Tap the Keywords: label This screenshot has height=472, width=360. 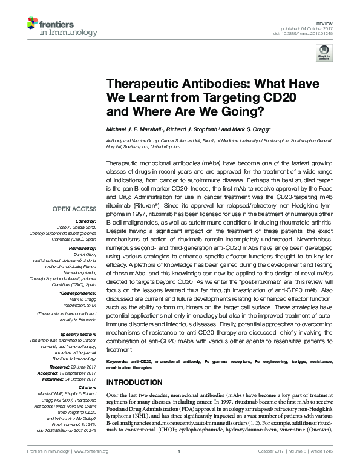[119, 361]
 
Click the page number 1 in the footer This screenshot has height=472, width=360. [180, 466]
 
